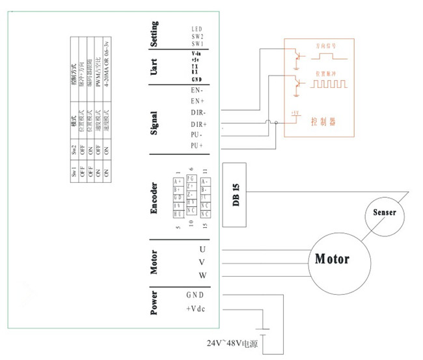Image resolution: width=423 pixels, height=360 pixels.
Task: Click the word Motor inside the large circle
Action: (332, 258)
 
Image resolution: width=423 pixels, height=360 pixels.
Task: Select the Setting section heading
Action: (154, 34)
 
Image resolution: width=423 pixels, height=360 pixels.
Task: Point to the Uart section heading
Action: (154, 68)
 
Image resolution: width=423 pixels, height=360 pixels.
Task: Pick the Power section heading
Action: (154, 303)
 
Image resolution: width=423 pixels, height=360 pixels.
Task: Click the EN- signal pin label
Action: (197, 90)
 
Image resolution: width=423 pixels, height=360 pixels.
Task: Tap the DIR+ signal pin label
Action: (198, 124)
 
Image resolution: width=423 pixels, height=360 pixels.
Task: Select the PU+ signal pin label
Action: (197, 145)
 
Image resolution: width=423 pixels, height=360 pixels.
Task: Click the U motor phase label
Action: (202, 249)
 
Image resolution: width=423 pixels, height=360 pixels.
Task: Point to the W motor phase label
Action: (202, 275)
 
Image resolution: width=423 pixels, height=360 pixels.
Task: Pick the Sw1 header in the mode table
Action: (75, 174)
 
